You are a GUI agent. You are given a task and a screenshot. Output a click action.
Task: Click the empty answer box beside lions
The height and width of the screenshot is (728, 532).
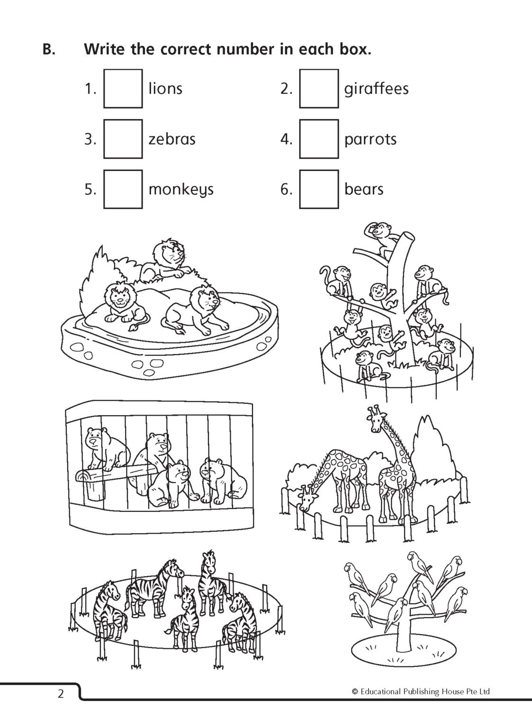[123, 89]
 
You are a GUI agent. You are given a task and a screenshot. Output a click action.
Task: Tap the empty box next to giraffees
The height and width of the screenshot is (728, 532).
[319, 89]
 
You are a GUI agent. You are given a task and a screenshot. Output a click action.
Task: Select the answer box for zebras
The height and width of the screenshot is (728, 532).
[123, 139]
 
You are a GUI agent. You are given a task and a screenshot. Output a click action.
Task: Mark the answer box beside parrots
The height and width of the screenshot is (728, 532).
[319, 139]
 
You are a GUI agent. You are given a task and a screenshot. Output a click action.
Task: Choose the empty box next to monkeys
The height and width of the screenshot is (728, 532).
[123, 189]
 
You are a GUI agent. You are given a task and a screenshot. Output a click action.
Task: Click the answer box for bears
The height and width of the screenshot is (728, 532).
[319, 189]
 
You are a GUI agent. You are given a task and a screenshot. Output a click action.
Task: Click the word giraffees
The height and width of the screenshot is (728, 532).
[376, 89]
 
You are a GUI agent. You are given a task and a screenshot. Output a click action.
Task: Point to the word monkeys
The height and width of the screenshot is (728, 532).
[181, 190]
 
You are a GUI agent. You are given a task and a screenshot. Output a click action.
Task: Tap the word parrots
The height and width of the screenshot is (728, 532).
[370, 140]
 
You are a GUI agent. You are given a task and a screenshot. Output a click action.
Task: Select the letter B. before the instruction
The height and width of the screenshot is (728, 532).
[49, 50]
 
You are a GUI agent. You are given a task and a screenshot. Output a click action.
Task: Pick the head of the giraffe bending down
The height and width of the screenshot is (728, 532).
[306, 500]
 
